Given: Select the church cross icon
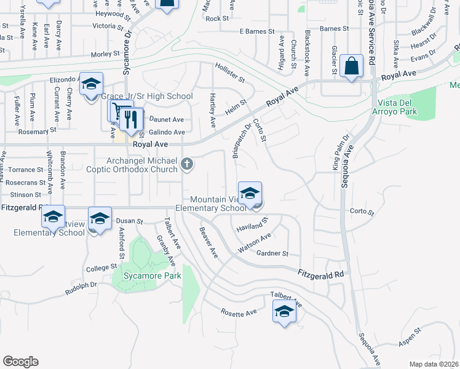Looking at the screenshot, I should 188,164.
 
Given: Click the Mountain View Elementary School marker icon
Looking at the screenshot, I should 250,194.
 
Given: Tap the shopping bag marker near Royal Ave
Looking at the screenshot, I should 351,66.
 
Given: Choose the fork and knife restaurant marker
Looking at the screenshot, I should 131,119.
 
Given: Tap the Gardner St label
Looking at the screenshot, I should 272,253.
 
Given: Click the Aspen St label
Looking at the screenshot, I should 408,331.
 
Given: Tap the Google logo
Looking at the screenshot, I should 20,362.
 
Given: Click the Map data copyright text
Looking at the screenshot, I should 434,364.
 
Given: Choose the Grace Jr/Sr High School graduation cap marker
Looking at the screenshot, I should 91,85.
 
